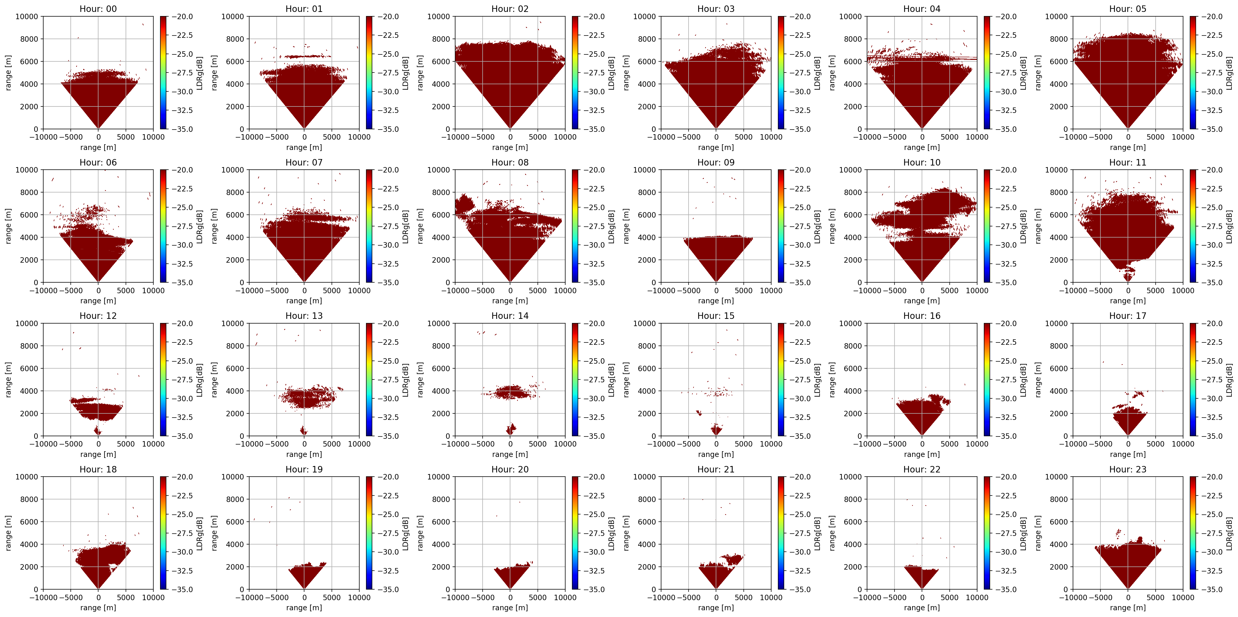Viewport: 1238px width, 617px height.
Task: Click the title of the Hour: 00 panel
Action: (98, 9)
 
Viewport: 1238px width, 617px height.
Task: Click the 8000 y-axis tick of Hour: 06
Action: (29, 192)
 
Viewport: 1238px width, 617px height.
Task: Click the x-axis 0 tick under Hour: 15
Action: (716, 444)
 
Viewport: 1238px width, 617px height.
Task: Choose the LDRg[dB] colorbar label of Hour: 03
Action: (817, 73)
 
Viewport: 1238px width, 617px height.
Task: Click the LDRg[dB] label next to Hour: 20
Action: (611, 533)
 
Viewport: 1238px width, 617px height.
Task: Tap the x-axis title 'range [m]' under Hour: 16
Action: (922, 454)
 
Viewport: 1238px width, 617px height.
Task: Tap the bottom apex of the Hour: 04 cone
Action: (922, 129)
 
